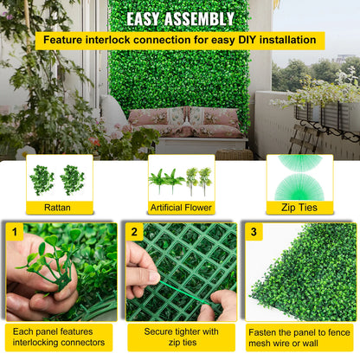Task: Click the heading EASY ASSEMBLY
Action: (x=180, y=18)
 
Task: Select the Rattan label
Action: (x=60, y=208)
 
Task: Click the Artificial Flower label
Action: (x=180, y=208)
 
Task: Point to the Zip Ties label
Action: (x=299, y=208)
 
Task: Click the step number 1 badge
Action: (x=13, y=232)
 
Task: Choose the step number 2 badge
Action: (x=134, y=232)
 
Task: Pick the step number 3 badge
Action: (x=254, y=232)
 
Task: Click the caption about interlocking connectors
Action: (x=60, y=337)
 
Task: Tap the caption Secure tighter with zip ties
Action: (x=180, y=337)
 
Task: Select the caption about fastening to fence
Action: (x=299, y=337)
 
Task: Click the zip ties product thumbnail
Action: (x=299, y=177)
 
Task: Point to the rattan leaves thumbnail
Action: (x=60, y=179)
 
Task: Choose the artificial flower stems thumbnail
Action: (x=180, y=179)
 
